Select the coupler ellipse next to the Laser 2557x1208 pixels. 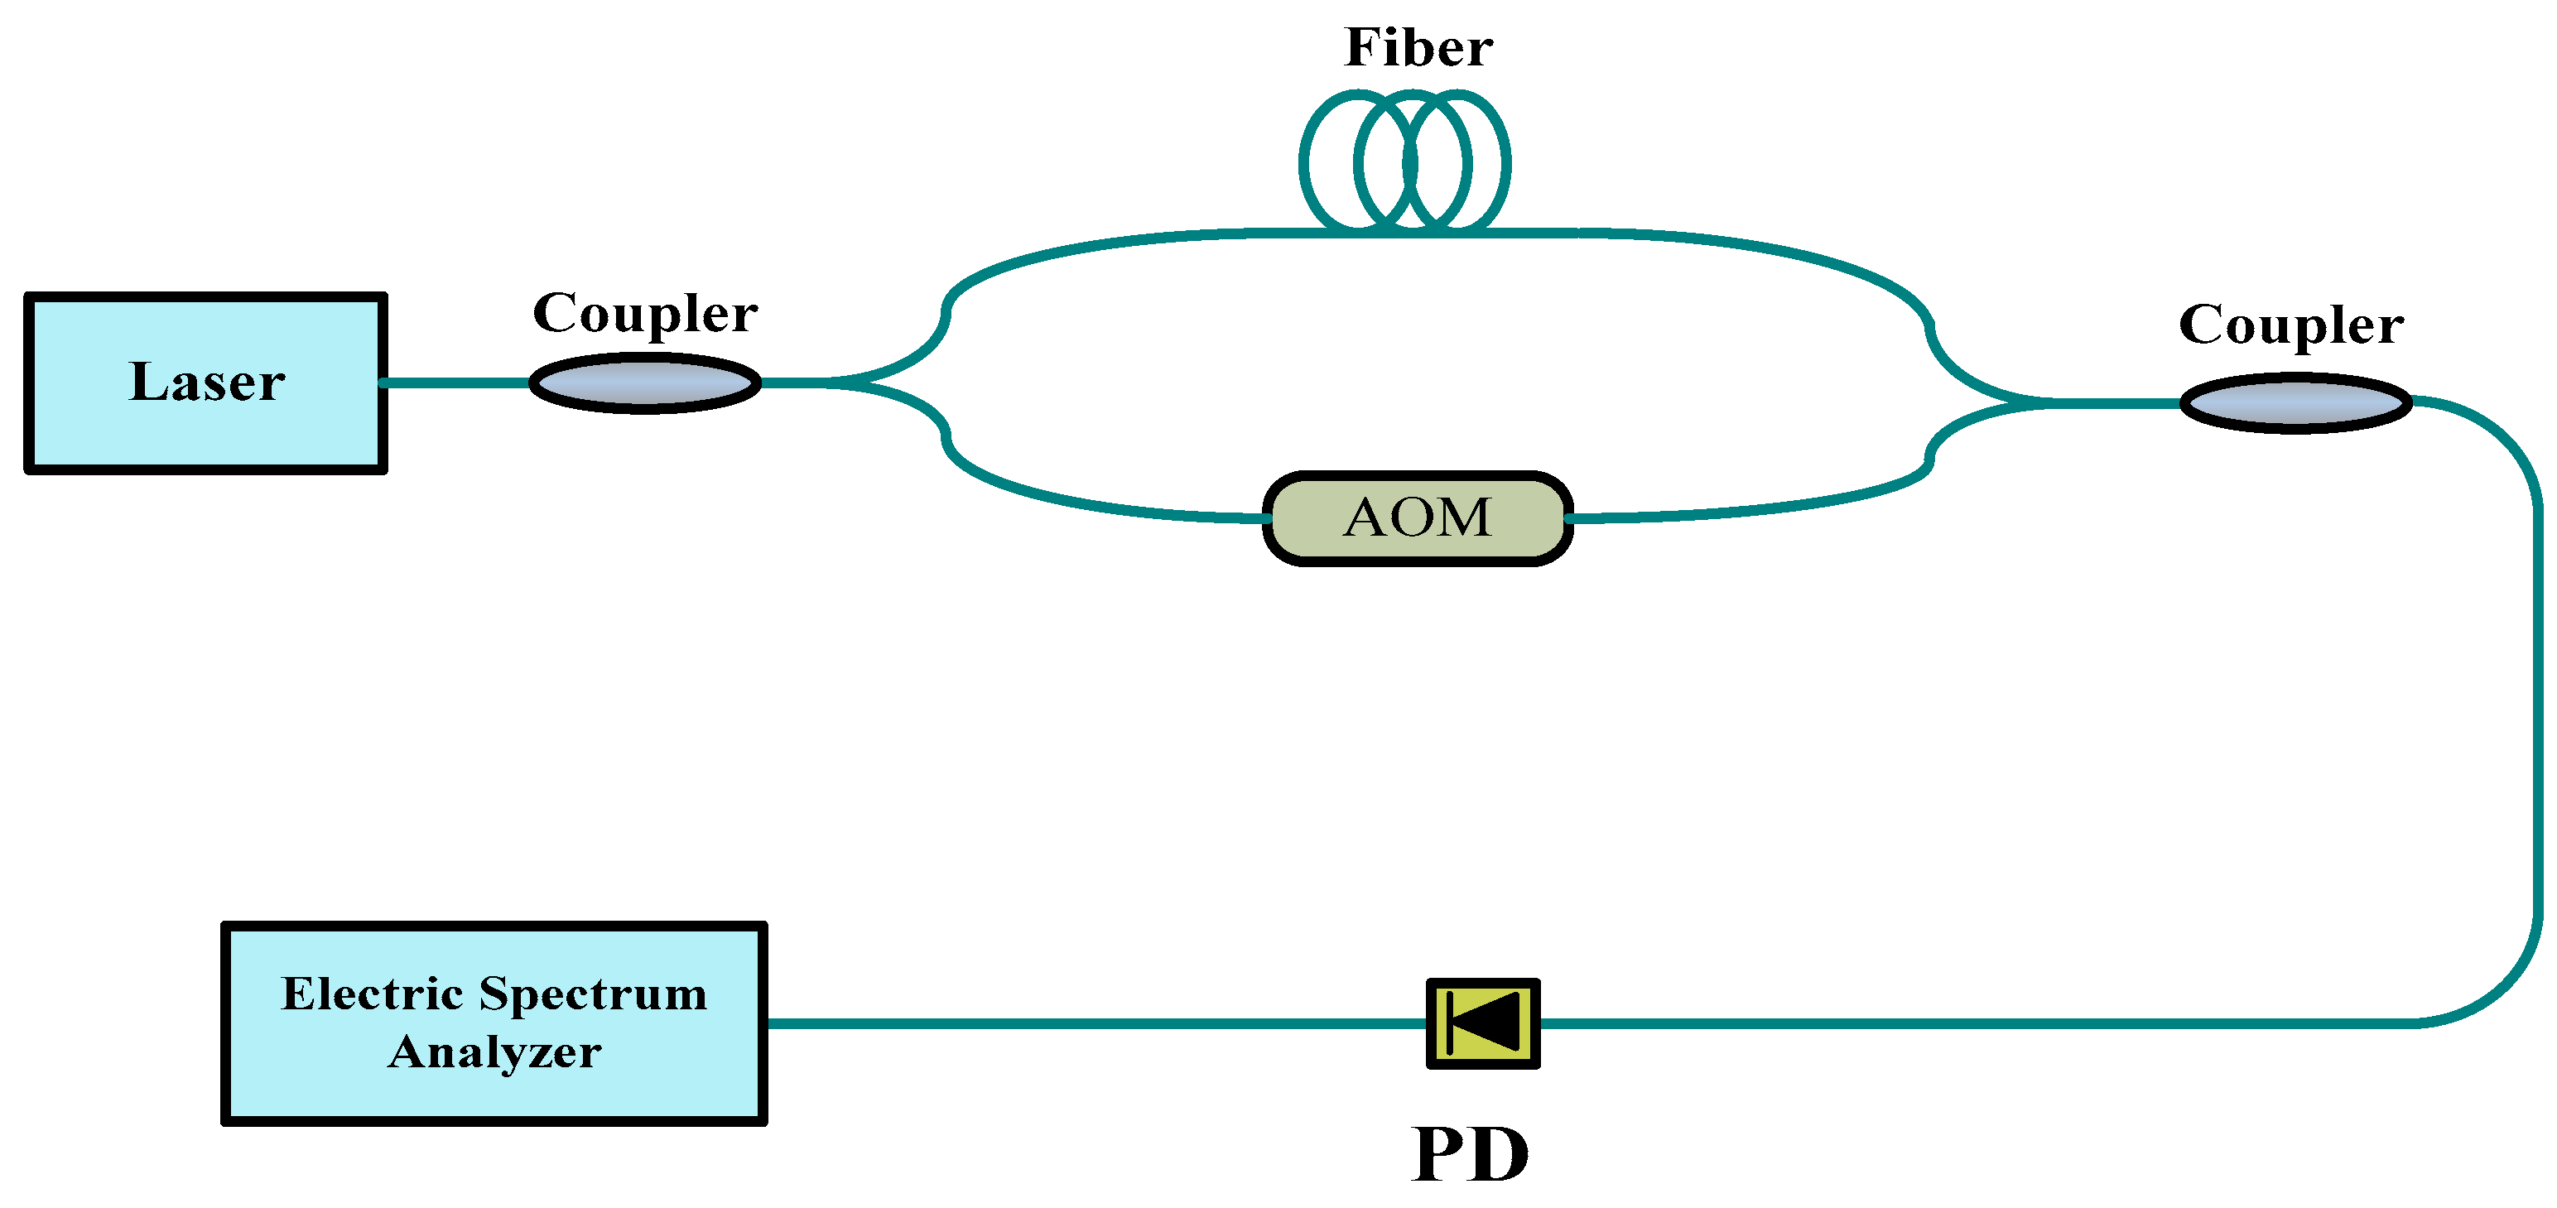click(645, 383)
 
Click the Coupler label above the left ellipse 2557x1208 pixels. click(645, 314)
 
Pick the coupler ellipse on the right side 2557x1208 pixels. click(2295, 403)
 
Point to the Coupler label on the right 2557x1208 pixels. click(2291, 325)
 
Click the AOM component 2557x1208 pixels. click(1418, 518)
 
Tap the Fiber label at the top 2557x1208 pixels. click(1418, 48)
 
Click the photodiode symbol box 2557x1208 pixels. click(1483, 1023)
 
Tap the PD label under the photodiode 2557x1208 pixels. click(1470, 1155)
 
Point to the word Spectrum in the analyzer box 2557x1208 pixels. click(593, 994)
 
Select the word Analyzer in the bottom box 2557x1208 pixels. click(494, 1052)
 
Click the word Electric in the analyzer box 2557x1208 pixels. click(371, 994)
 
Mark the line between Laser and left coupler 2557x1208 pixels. click(456, 383)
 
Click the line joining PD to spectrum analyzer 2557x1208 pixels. click(1092, 1023)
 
